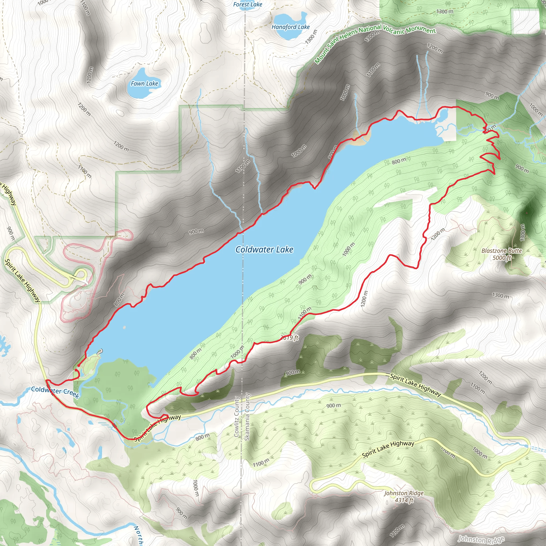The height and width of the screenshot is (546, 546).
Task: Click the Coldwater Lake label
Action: [x=264, y=250]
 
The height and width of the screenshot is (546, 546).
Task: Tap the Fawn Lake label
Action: [x=144, y=83]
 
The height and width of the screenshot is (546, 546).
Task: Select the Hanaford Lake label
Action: [x=291, y=27]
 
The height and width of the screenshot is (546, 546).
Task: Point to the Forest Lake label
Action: [x=248, y=4]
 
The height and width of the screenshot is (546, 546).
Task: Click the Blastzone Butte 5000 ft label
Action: [x=502, y=254]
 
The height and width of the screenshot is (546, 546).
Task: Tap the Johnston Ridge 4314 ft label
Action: [x=404, y=496]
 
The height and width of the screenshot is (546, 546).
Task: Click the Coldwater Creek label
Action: [x=55, y=392]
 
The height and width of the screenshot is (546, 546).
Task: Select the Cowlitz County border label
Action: [x=237, y=417]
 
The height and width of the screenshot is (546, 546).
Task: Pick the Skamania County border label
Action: [x=247, y=417]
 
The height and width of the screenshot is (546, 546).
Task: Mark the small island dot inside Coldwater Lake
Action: [x=124, y=327]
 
